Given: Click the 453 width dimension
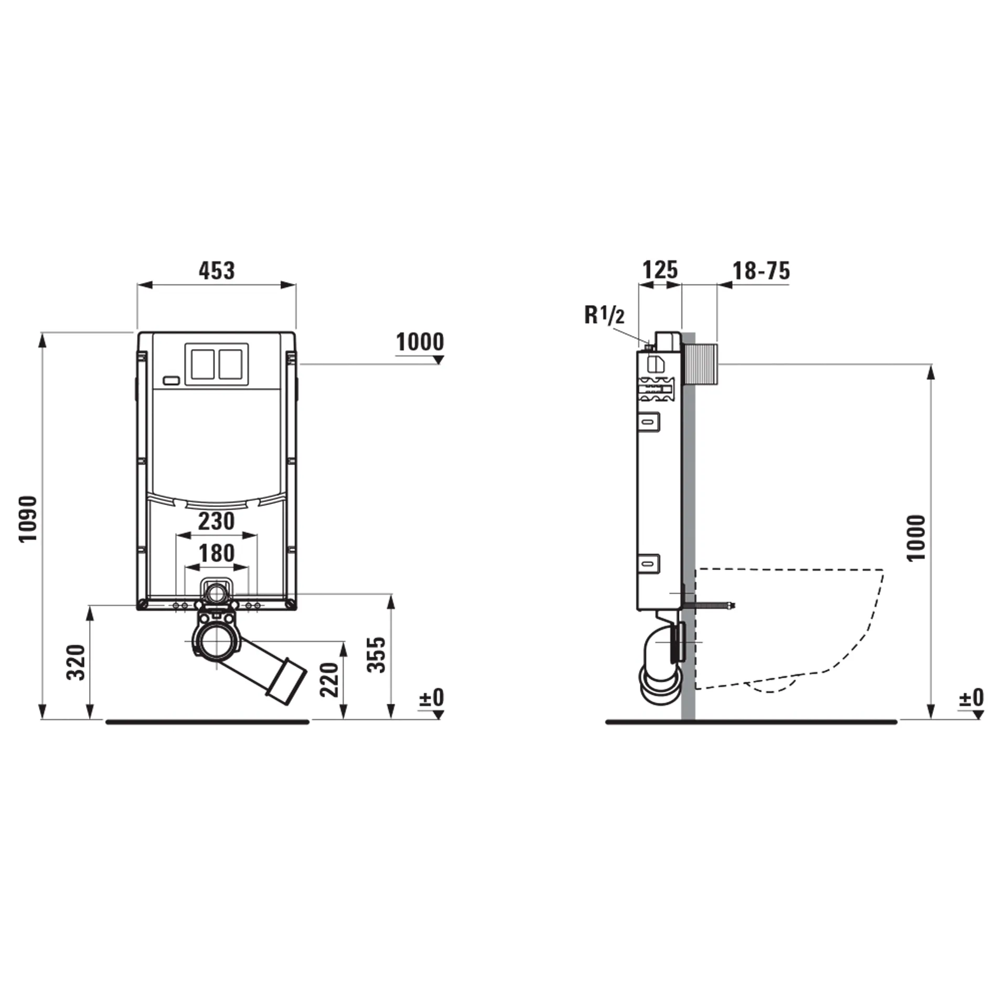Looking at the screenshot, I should tap(217, 271).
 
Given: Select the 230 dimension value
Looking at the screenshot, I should tap(216, 521).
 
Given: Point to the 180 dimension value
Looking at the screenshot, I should tap(217, 553).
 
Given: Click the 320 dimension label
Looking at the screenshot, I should tap(76, 662).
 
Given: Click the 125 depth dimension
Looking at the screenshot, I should tap(660, 270).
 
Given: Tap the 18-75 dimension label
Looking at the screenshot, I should tap(760, 271).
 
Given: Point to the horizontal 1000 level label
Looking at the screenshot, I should tap(420, 342).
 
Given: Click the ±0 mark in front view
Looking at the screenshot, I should tap(431, 698).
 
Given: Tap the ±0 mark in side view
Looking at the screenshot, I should tap(971, 698).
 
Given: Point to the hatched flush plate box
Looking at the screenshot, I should tap(700, 365).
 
